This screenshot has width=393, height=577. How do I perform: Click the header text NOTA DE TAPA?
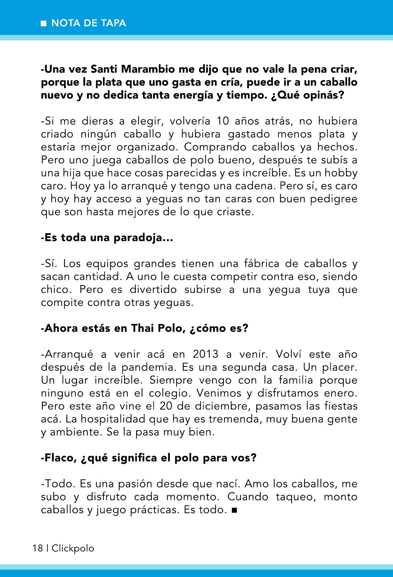(89, 23)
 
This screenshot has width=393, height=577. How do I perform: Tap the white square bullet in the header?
(43, 24)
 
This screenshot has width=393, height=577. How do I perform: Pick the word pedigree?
(334, 199)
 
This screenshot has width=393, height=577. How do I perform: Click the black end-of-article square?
(234, 510)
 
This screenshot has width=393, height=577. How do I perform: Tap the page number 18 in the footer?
(38, 548)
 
